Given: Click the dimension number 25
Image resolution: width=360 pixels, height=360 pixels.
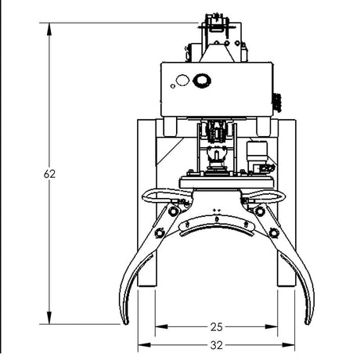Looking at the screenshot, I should pyautogui.click(x=217, y=326).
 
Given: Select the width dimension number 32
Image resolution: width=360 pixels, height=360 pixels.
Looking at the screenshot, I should pyautogui.click(x=217, y=344).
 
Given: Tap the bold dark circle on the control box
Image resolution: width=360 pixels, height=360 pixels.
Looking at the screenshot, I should pyautogui.click(x=202, y=80).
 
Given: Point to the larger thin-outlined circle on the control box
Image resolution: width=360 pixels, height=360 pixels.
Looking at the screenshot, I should pyautogui.click(x=182, y=80).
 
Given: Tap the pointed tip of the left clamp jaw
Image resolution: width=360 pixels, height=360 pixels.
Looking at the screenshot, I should pyautogui.click(x=123, y=322).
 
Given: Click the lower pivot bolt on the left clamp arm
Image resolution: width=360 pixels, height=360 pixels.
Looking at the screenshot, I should pyautogui.click(x=160, y=232).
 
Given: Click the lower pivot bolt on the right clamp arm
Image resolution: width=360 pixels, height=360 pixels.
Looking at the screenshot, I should pyautogui.click(x=274, y=232).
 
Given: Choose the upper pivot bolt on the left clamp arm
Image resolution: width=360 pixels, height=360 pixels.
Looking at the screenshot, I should pyautogui.click(x=174, y=210).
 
